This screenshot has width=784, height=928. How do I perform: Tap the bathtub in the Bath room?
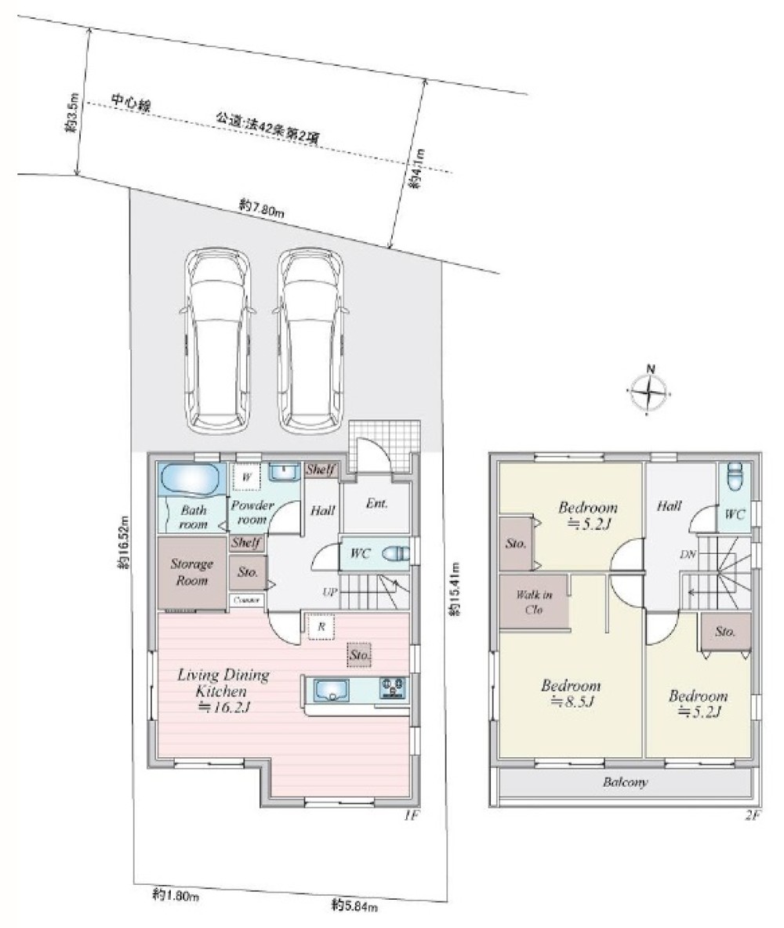(x=190, y=478)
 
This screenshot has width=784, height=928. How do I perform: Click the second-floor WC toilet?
(x=734, y=475)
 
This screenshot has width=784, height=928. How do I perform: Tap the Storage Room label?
(x=192, y=572)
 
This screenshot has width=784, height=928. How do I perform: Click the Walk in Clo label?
(x=534, y=601)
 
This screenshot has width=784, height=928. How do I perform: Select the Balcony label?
(x=625, y=782)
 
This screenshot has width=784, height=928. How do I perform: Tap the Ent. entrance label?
(x=376, y=504)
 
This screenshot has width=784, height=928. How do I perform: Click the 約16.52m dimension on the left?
(x=123, y=540)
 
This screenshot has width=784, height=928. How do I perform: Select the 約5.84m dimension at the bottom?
(x=354, y=906)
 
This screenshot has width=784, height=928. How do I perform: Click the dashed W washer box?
(x=246, y=477)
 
